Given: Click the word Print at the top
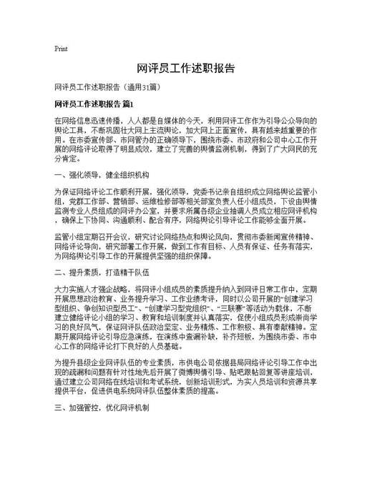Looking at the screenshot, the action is point(61,49).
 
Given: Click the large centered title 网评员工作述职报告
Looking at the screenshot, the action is point(185,69).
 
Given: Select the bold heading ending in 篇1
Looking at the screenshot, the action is point(94,104).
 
